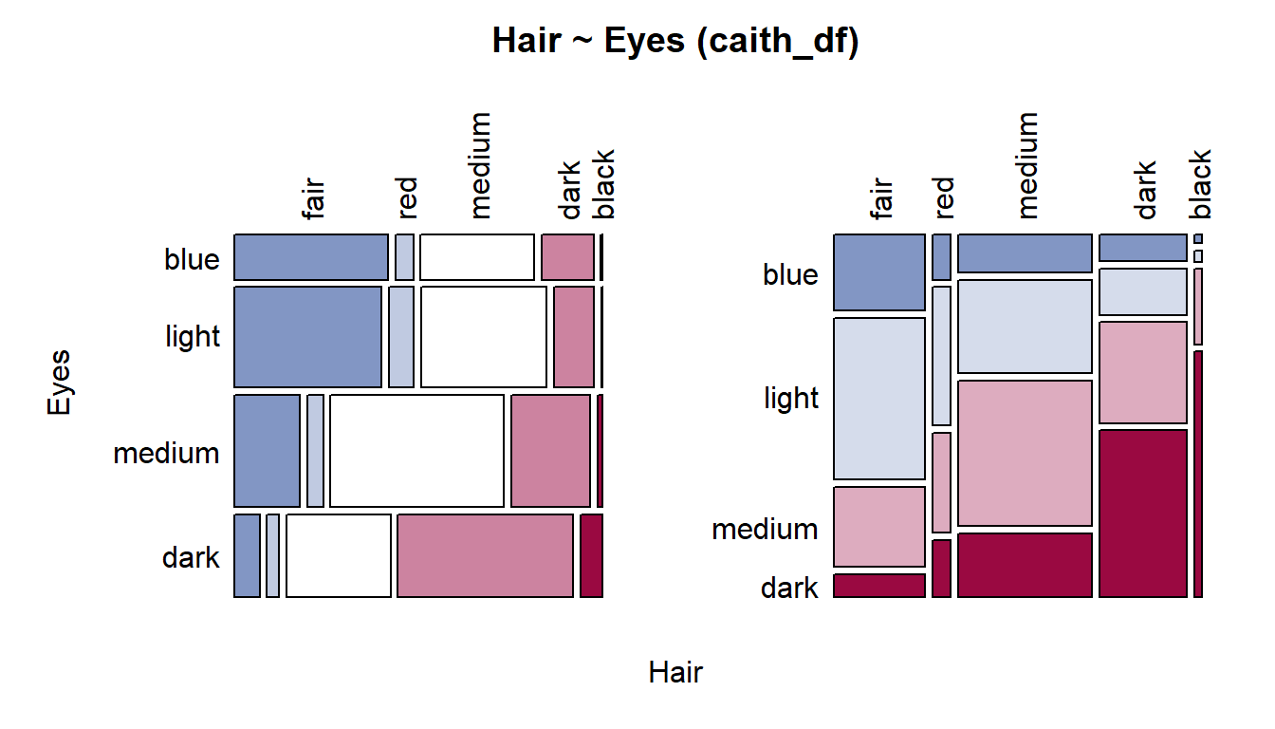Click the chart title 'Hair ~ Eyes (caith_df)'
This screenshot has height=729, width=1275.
[x=675, y=41]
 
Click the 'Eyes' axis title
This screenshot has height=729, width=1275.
[x=59, y=383]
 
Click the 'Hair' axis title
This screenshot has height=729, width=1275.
[x=675, y=672]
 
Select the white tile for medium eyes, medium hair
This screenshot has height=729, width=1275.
[x=416, y=451]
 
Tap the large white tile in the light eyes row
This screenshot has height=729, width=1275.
[x=484, y=337]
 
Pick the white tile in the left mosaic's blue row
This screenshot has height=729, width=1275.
[x=477, y=257]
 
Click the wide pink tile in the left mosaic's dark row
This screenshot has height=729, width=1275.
[x=485, y=556]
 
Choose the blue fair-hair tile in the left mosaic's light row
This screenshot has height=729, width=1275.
[x=308, y=337]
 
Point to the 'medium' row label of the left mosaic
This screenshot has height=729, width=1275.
[x=166, y=454]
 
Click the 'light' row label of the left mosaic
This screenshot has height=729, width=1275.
[x=193, y=336]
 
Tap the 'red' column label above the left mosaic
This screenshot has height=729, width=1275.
[x=408, y=197]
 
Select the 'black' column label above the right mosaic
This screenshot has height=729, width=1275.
[x=1200, y=184]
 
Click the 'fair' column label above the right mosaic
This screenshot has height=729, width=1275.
[x=881, y=198]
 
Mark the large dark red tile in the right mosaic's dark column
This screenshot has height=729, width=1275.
[x=1143, y=514]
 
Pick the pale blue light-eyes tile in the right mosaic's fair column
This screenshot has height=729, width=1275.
[x=879, y=399]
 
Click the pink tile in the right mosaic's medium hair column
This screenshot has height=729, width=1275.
[x=1025, y=454]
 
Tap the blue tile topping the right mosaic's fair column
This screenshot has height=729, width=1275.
[x=879, y=272]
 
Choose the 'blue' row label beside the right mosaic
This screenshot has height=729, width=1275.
[x=790, y=274]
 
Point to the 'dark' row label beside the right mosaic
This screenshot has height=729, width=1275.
[x=789, y=588]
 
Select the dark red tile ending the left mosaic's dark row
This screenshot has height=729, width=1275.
[x=591, y=556]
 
